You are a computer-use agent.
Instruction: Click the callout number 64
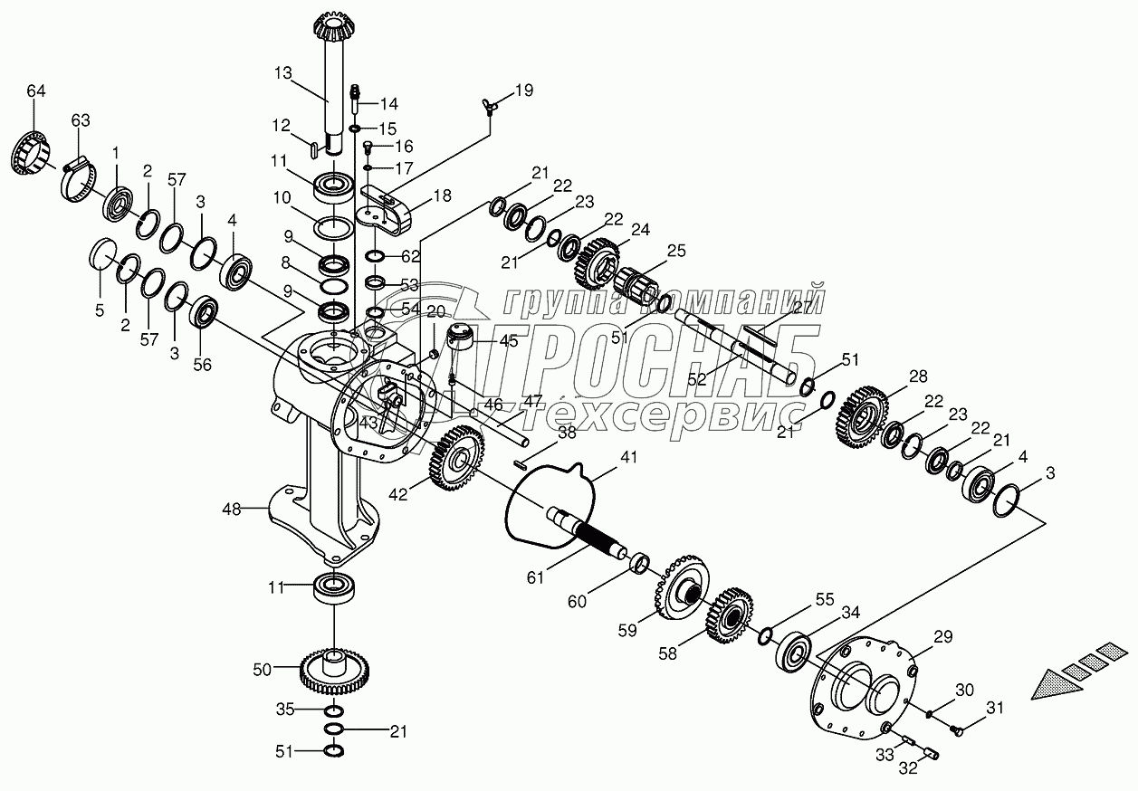(35, 91)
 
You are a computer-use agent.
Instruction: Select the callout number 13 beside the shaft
(283, 73)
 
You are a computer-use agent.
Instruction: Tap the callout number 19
(524, 90)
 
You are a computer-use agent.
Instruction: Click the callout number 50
(262, 669)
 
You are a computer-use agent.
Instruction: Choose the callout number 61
(538, 577)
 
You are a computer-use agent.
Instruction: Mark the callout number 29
(944, 637)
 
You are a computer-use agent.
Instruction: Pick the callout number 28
(920, 376)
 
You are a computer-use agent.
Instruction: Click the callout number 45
(508, 342)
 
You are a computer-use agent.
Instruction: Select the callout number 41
(629, 458)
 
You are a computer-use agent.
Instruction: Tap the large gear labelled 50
(333, 672)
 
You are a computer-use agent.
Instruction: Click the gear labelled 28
(863, 415)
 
